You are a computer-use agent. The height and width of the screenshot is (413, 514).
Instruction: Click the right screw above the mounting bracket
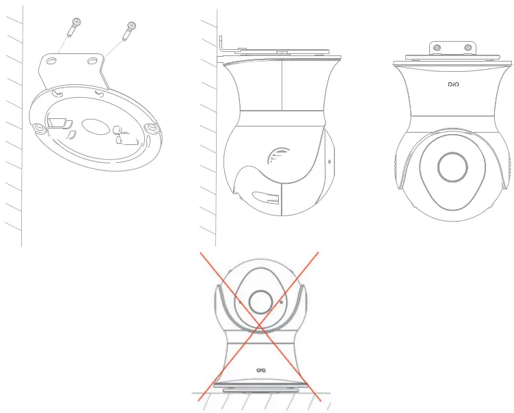pyautogui.click(x=128, y=31)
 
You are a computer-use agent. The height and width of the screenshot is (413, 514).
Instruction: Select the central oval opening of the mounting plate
pyautogui.click(x=94, y=128)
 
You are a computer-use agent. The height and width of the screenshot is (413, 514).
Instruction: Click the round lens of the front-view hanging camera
pyautogui.click(x=452, y=166)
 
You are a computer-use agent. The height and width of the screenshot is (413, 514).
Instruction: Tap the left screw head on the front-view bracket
pyautogui.click(x=435, y=48)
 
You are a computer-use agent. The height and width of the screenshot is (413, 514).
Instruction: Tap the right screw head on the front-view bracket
pyautogui.click(x=467, y=48)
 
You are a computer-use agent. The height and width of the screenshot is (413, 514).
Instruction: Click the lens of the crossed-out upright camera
pyautogui.click(x=260, y=302)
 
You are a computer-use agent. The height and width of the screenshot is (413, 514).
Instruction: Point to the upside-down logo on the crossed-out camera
pyautogui.click(x=260, y=370)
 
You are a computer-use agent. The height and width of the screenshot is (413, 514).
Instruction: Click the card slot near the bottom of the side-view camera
pyautogui.click(x=266, y=200)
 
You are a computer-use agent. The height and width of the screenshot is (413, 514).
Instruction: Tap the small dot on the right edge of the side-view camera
pyautogui.click(x=330, y=163)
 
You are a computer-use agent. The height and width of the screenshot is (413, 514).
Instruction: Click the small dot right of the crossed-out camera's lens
pyautogui.click(x=280, y=301)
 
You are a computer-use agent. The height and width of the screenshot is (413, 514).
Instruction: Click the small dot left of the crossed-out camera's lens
pyautogui.click(x=239, y=299)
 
